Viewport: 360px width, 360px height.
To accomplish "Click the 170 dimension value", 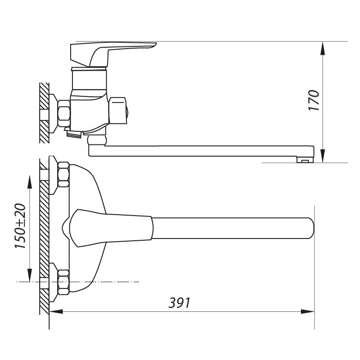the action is [x=314, y=100].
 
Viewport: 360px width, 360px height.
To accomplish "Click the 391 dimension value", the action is [x=180, y=303].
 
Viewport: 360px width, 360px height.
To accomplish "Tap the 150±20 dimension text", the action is [x=20, y=226].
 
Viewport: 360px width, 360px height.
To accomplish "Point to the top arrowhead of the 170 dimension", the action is [x=323, y=48].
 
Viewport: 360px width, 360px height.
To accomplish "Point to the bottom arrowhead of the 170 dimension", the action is [x=323, y=156].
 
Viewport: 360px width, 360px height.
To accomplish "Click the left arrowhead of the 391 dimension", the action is [x=56, y=311].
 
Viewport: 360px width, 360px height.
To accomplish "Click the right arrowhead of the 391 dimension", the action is [x=308, y=311].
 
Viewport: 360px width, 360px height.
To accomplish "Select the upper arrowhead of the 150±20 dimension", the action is [x=30, y=182].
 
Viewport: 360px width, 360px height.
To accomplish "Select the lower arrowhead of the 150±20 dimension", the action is [x=30, y=275].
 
